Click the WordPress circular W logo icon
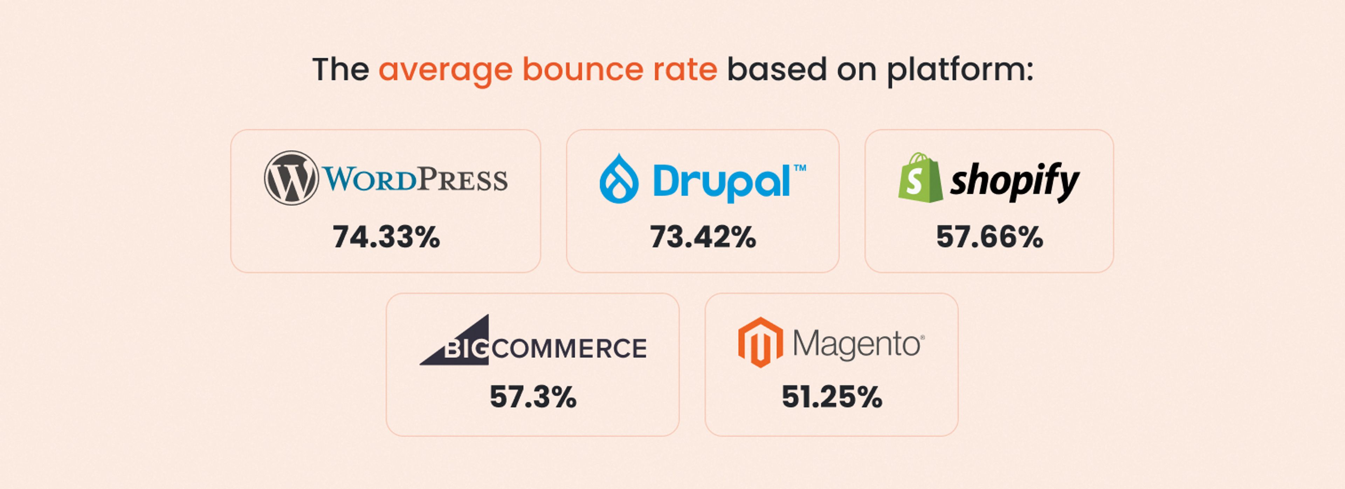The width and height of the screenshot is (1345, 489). click(x=291, y=178)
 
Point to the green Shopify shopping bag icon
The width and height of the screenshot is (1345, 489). click(x=920, y=178)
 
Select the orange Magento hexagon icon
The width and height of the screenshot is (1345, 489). click(x=760, y=342)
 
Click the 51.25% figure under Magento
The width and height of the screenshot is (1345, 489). click(x=832, y=397)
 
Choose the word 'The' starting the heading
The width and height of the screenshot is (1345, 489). click(x=340, y=69)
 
